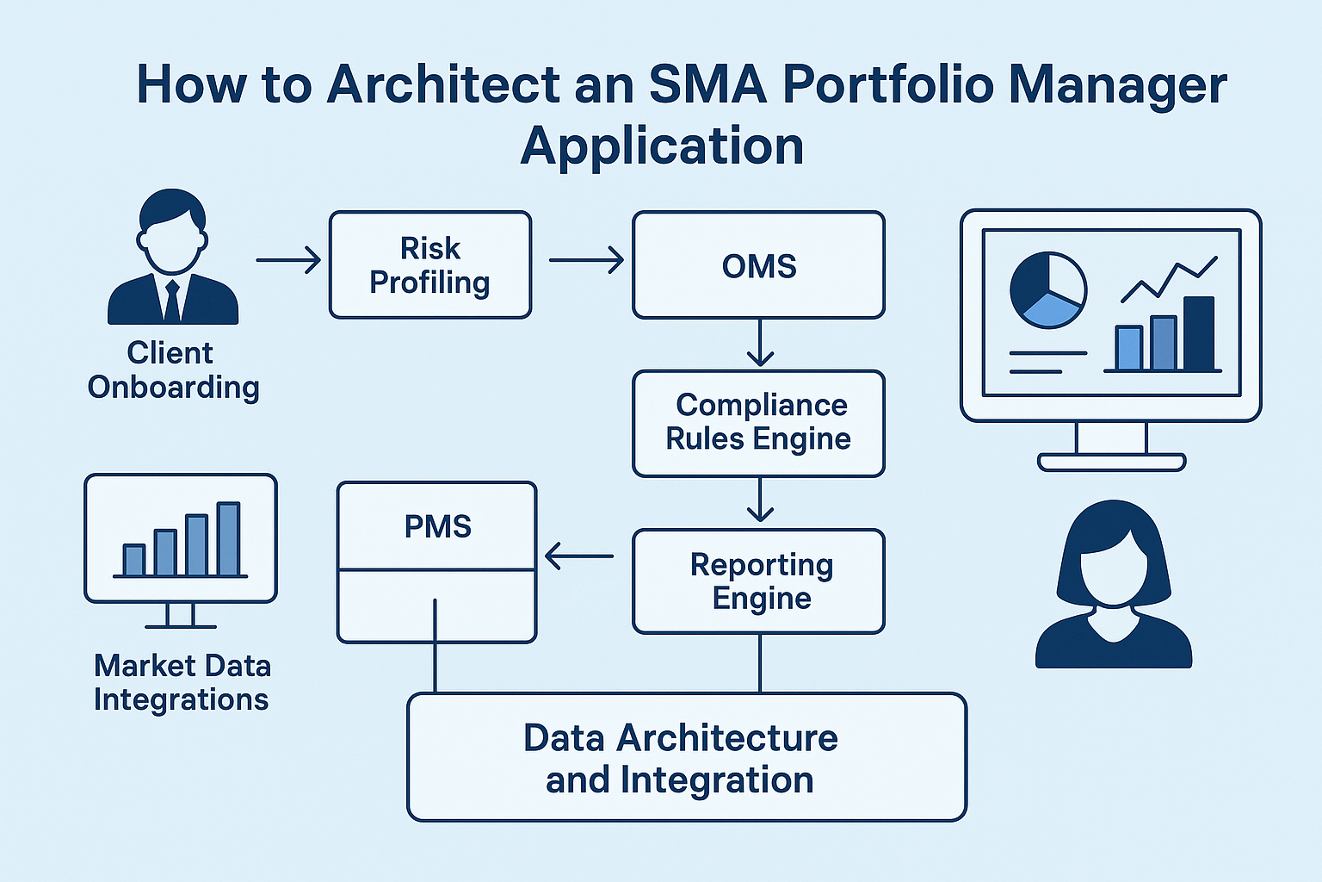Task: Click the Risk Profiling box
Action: (430, 265)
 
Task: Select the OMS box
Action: (758, 265)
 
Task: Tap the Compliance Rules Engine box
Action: (758, 423)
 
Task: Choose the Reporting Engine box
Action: (758, 581)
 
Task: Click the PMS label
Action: (437, 526)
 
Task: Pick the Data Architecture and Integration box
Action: (686, 758)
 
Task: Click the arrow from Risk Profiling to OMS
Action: (586, 259)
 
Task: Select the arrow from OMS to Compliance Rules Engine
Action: (760, 344)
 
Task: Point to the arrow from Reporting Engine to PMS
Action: (578, 556)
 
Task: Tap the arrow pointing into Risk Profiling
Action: (288, 259)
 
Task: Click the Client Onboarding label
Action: (173, 370)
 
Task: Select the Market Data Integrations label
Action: (182, 682)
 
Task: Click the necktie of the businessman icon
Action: (172, 301)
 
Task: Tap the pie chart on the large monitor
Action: (1047, 289)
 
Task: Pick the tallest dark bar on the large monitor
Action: (1198, 333)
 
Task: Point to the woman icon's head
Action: (1114, 556)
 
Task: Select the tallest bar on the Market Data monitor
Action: (228, 538)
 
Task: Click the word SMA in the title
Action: (707, 85)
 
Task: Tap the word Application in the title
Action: (662, 146)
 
